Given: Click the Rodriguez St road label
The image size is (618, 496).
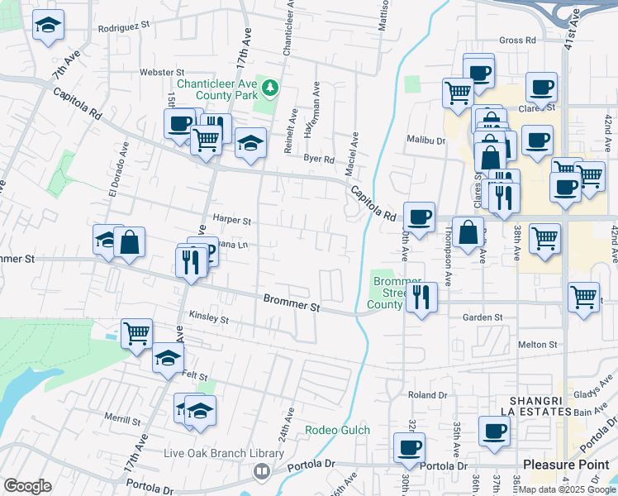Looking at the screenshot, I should (123, 26).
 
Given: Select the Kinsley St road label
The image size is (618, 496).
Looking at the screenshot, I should (208, 317).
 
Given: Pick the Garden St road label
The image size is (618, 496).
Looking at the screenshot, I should (483, 317).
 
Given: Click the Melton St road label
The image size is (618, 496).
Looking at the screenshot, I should (538, 345).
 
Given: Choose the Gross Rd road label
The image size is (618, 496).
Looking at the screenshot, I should (518, 40).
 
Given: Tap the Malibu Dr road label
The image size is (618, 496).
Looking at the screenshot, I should (426, 141).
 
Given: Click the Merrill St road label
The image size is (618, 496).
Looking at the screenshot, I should (121, 421).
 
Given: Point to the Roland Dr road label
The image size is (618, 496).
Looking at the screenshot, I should (427, 395).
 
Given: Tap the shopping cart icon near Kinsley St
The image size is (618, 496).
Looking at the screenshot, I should (136, 333).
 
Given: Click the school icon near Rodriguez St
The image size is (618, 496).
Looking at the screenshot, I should (49, 25).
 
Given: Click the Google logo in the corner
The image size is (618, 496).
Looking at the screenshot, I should (27, 486).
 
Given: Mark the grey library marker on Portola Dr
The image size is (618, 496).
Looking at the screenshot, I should (262, 471).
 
